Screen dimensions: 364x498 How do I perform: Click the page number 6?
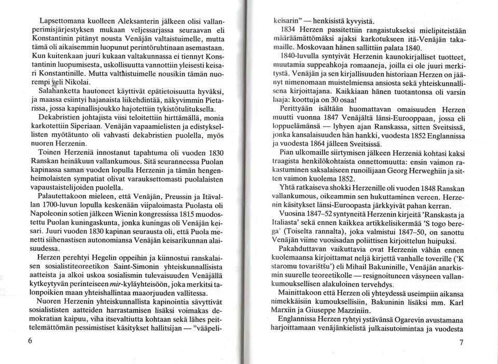30,341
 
